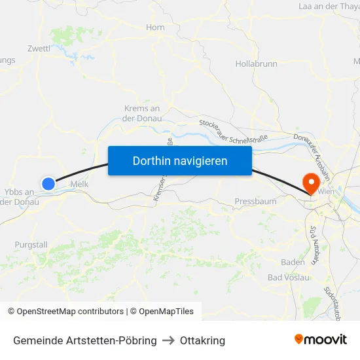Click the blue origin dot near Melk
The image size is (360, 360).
48,184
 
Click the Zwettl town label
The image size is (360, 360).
39,48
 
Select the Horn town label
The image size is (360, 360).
156,27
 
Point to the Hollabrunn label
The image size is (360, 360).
256,64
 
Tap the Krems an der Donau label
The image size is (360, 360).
142,113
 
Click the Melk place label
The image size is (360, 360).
79,185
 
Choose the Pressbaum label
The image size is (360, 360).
255,201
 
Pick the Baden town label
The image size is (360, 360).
293,262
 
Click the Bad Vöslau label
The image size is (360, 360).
289,278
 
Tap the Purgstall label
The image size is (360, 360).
31,244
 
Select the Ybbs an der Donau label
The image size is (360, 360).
20,196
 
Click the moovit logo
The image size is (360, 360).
321,340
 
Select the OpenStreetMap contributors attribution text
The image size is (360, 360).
65,312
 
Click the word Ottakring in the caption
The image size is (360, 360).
202,341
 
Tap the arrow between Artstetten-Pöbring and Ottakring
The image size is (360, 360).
168,341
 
